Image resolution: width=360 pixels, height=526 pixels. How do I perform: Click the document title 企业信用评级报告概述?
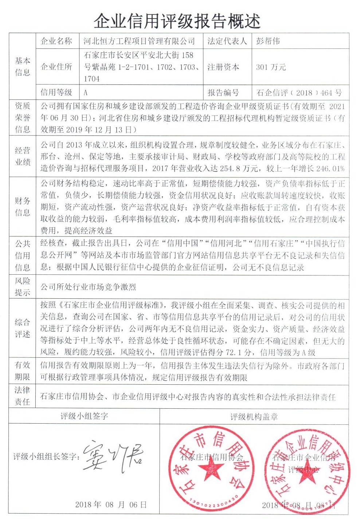pyautogui.click(x=177, y=21)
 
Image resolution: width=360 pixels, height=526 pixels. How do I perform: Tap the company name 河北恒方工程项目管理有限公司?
pyautogui.click(x=139, y=41)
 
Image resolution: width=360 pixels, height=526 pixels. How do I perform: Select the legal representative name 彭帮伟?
pyautogui.click(x=268, y=41)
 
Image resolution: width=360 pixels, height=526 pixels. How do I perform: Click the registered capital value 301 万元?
pyautogui.click(x=271, y=67)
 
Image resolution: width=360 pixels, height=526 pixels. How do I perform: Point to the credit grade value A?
pyautogui.click(x=86, y=93)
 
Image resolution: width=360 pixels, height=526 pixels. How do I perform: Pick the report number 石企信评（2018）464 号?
pyautogui.click(x=299, y=93)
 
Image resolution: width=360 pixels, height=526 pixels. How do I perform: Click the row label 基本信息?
pyautogui.click(x=23, y=66)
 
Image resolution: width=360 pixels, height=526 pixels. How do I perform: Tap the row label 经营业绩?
pyautogui.click(x=23, y=156)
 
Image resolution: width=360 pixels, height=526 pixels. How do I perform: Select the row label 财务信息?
pyautogui.click(x=23, y=207)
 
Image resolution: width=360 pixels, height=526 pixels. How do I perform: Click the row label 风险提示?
pyautogui.click(x=23, y=287)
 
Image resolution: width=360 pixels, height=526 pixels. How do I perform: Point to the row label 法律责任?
pyautogui.click(x=23, y=396)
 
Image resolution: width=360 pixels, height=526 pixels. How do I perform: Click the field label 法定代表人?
pyautogui.click(x=227, y=41)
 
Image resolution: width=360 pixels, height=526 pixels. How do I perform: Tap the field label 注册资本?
pyautogui.click(x=223, y=67)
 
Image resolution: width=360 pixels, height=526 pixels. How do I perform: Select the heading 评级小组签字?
pyautogui.click(x=84, y=416)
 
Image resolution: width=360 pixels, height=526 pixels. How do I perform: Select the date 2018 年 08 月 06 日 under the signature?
pyautogui.click(x=111, y=505)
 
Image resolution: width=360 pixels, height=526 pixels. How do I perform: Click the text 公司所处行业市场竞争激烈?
pyautogui.click(x=88, y=287)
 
